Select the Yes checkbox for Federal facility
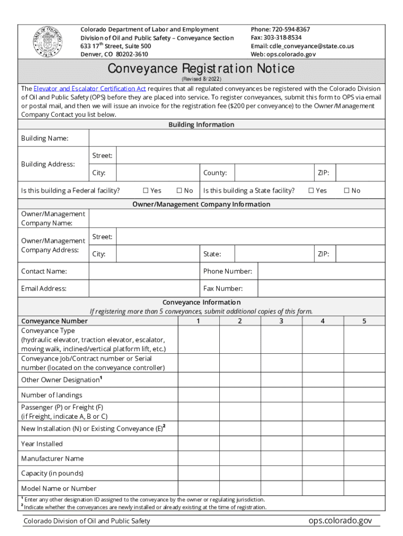coord(146,191)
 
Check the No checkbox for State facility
coord(346,191)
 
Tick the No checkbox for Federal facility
coord(179,191)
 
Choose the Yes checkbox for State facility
coord(311,191)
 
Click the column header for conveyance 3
coord(281,321)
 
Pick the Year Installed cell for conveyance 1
coord(198,444)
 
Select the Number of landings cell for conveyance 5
coord(364,395)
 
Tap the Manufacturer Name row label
coord(52,459)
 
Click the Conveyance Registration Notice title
coord(201,69)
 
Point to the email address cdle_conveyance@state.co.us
coord(302,46)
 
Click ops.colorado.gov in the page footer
coord(340,520)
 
